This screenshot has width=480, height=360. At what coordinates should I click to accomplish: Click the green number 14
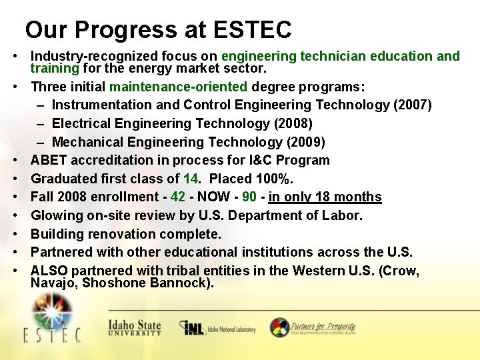tap(191, 179)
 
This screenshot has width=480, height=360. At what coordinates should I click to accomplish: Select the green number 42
tap(178, 197)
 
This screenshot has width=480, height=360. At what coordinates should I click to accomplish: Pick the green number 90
tap(249, 197)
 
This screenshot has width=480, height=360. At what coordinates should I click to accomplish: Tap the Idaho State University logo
tap(134, 327)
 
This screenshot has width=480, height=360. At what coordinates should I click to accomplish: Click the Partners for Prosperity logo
tap(313, 327)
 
